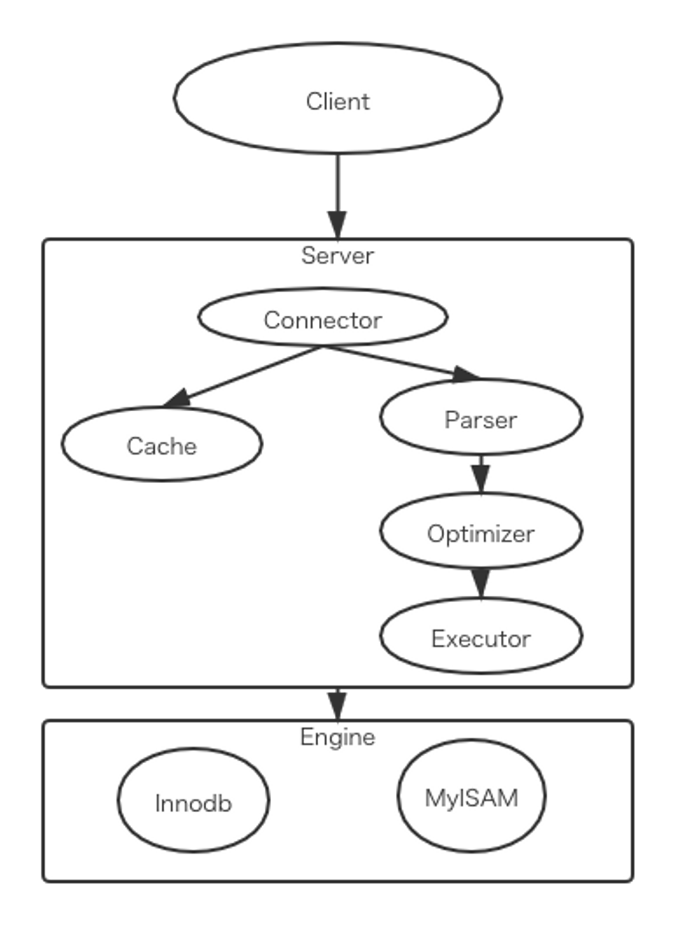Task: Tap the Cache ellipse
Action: tap(162, 445)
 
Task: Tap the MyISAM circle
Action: tap(472, 797)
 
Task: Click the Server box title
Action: tap(338, 255)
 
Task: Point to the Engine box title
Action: tap(338, 737)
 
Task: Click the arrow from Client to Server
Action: tap(338, 188)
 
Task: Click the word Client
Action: tap(338, 102)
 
